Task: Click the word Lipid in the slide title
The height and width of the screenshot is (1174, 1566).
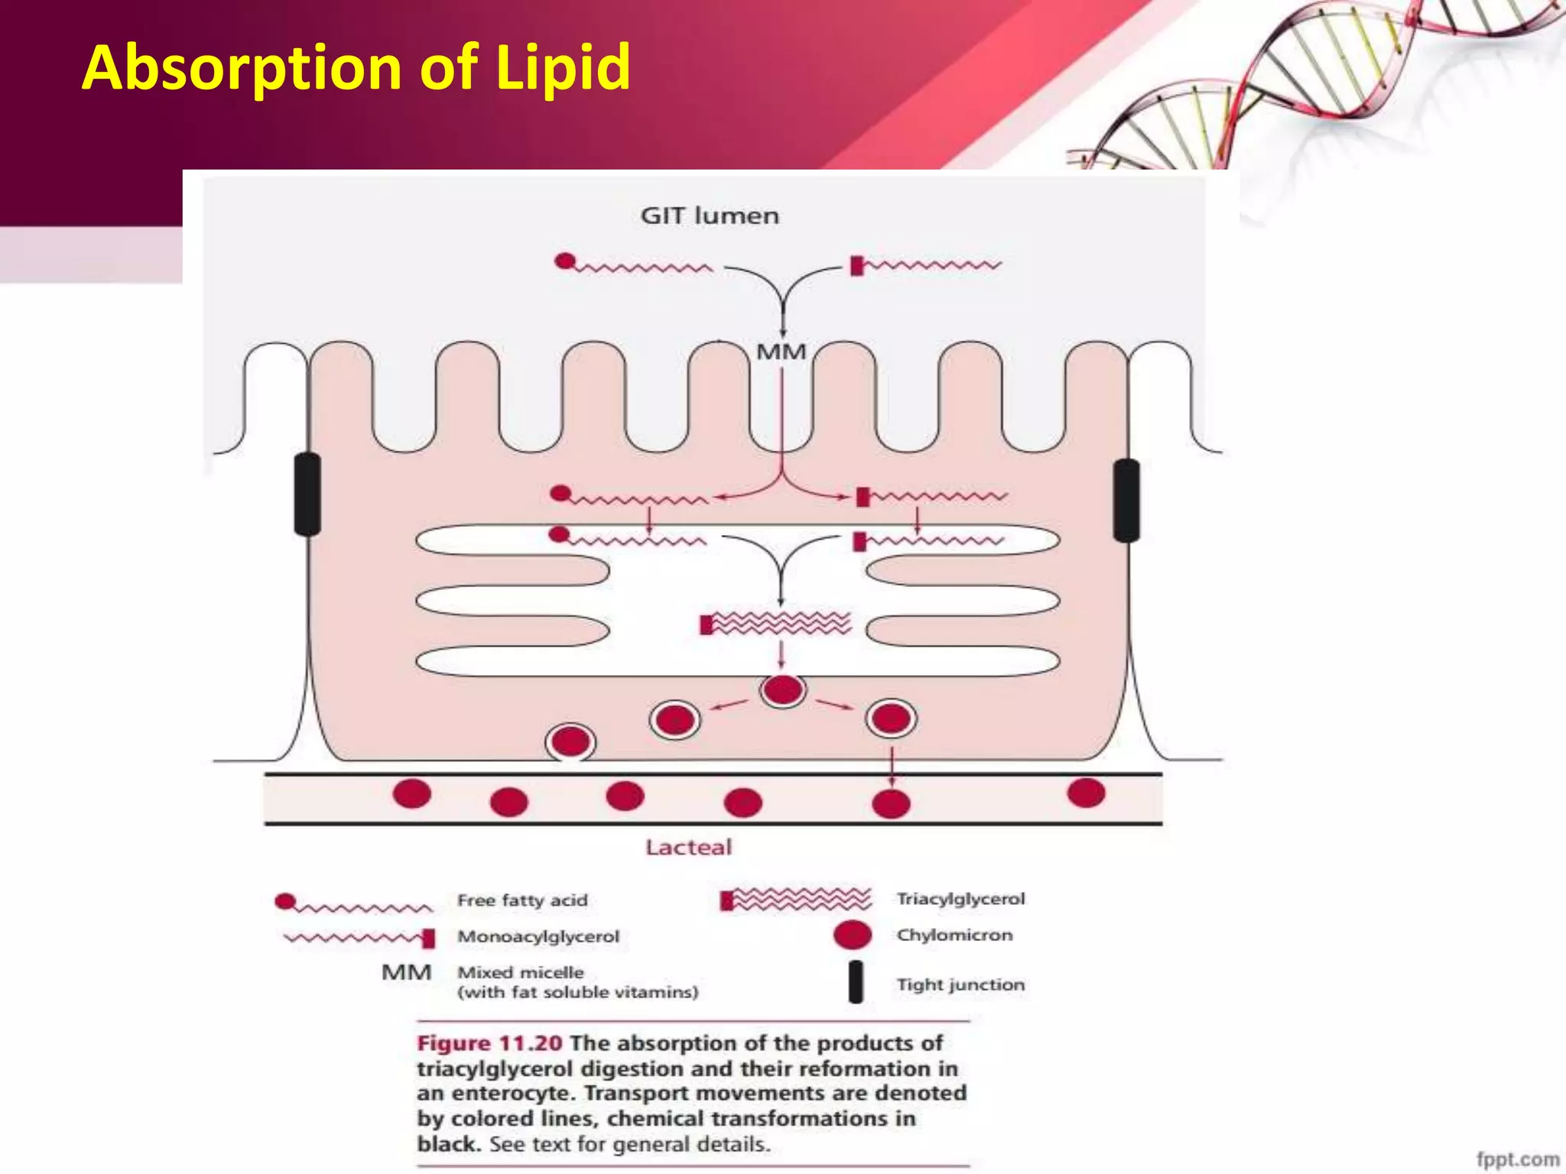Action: (563, 67)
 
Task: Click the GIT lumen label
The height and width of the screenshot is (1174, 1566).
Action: (710, 216)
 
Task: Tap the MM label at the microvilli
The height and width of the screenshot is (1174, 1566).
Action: (781, 352)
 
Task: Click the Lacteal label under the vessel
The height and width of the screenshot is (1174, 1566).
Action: (688, 847)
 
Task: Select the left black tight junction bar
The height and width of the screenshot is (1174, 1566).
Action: (307, 494)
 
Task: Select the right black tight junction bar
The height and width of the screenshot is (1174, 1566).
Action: (1126, 500)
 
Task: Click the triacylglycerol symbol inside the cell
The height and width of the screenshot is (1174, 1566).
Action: (775, 623)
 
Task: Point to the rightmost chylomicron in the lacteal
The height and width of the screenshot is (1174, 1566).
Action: (1086, 793)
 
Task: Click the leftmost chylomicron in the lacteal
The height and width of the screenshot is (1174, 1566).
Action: (412, 793)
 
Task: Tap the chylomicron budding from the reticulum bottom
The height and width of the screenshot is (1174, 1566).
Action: (782, 690)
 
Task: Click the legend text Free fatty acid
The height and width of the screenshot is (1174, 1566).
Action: (522, 900)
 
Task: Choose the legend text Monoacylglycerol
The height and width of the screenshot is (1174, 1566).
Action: (538, 936)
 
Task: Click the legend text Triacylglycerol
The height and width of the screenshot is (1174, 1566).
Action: (960, 899)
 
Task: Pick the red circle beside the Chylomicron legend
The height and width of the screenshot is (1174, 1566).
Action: (852, 935)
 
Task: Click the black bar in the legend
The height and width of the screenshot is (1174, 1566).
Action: (856, 981)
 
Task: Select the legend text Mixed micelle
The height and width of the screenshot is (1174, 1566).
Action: (521, 972)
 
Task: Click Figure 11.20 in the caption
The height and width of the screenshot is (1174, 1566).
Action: (489, 1043)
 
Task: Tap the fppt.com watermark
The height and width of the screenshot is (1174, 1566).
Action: (1517, 1159)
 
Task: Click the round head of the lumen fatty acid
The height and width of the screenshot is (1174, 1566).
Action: (564, 261)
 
